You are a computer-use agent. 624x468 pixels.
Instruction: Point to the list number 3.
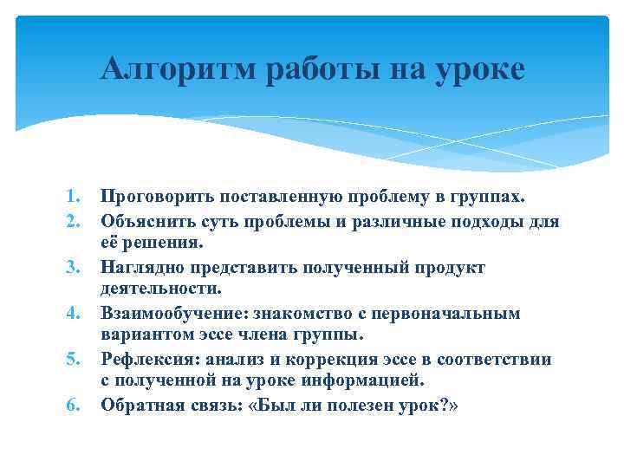(75, 267)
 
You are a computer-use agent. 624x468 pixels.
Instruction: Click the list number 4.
(75, 313)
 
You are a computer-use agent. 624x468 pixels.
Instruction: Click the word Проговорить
(149, 198)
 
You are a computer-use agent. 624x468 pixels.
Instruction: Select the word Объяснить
(141, 221)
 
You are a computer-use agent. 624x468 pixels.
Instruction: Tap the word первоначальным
(449, 313)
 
